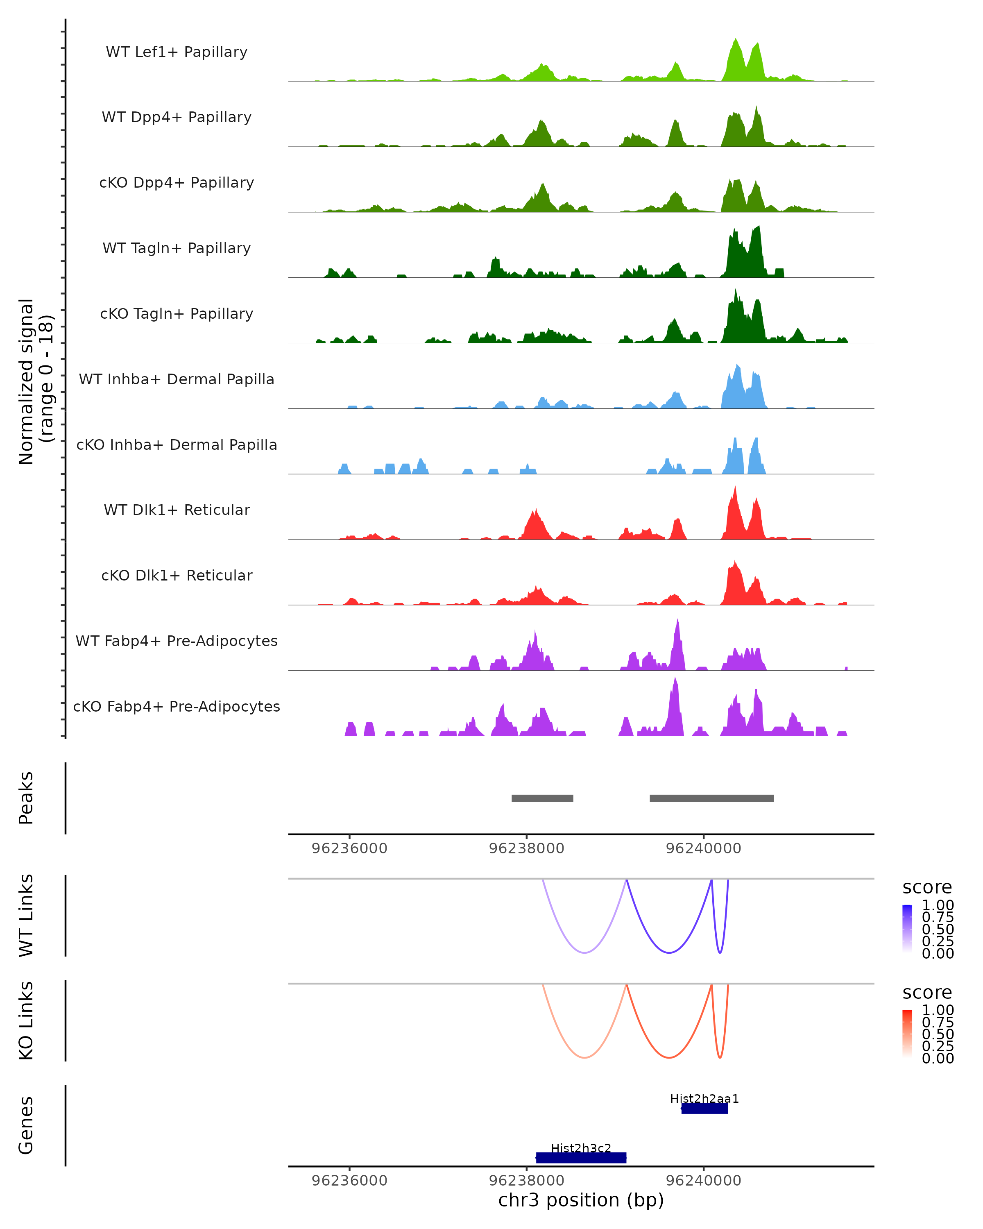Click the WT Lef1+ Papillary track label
pyautogui.click(x=177, y=52)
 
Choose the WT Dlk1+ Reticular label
pyautogui.click(x=177, y=510)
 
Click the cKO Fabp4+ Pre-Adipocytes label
pyautogui.click(x=177, y=706)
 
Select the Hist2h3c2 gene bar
pyautogui.click(x=581, y=1157)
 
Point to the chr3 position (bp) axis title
pyautogui.click(x=581, y=1200)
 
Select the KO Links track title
pyautogui.click(x=26, y=1020)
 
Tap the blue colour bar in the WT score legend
pyautogui.click(x=907, y=929)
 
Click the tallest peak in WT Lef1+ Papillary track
pyautogui.click(x=736, y=40)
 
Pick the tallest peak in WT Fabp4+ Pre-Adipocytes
pyautogui.click(x=677, y=620)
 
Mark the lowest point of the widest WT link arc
pyautogui.click(x=584, y=952)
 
